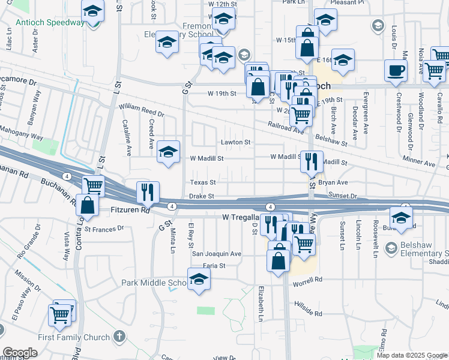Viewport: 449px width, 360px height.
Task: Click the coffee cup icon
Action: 396,70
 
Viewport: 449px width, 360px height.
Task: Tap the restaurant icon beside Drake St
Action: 148,192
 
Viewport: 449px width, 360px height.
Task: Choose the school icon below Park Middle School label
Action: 199,279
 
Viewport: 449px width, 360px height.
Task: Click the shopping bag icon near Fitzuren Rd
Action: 88,205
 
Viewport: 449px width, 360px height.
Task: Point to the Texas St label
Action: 203,182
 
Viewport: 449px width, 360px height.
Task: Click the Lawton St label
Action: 235,142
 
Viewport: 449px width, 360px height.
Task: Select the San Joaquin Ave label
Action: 216,254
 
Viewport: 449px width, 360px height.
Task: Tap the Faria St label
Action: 214,265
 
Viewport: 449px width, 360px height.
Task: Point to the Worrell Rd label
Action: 309,280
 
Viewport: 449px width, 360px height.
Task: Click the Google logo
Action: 20,353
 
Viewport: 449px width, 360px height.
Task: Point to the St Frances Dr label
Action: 103,228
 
